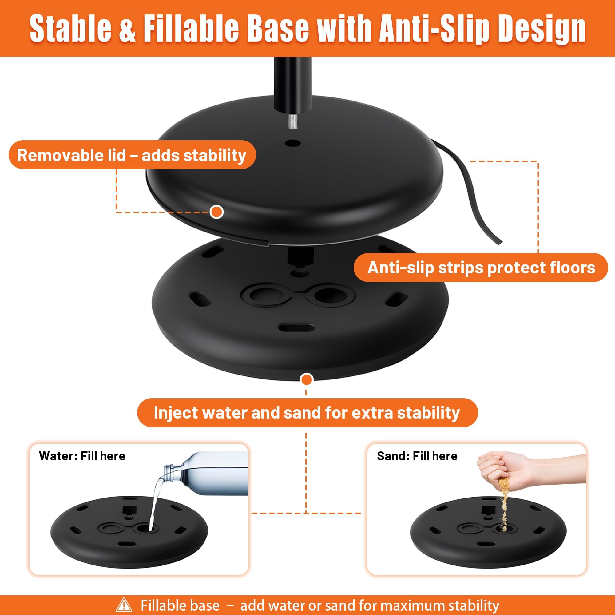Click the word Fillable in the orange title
tap(191, 29)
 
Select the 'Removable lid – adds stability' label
tap(132, 155)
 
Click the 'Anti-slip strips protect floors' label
tap(481, 268)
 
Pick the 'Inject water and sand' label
tap(307, 413)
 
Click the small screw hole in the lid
tap(293, 143)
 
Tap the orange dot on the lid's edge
tap(217, 212)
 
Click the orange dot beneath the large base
tap(307, 379)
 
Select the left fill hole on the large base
tap(264, 295)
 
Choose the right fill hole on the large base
tap(329, 295)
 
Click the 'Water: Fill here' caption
tap(82, 456)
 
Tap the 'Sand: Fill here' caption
tap(417, 456)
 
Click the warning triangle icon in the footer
tap(124, 605)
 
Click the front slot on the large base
tap(296, 327)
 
